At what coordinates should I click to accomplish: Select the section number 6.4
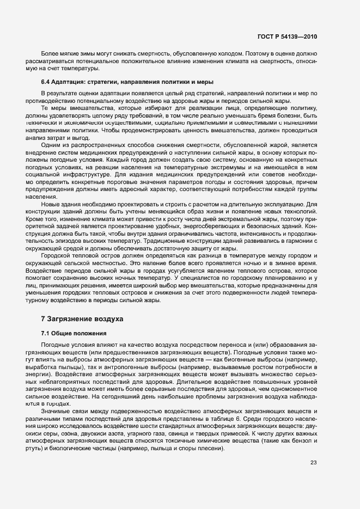coord(47,81)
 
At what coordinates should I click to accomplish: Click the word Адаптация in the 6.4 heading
coord(71,81)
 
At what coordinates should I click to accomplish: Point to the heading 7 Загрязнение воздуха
coord(82,318)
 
